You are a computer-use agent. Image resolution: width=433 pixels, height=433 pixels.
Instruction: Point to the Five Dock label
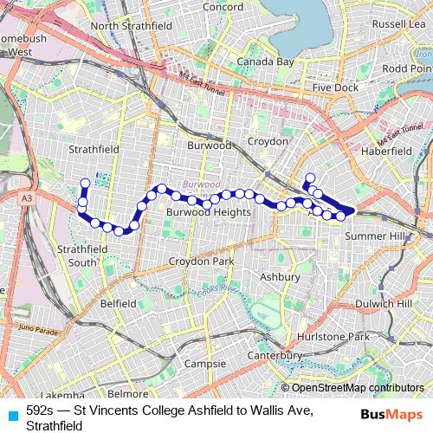(x=335, y=87)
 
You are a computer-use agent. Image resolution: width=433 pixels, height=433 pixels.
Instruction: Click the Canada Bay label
(x=265, y=62)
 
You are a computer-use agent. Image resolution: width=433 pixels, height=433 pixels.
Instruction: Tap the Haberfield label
(x=385, y=151)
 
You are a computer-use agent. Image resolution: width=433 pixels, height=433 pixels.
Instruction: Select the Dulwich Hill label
(x=385, y=304)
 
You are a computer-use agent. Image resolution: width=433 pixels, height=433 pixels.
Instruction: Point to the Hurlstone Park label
(x=344, y=336)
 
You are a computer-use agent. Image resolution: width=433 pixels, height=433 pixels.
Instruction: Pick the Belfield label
(x=119, y=304)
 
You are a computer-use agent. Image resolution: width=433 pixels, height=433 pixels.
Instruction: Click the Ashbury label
(x=280, y=277)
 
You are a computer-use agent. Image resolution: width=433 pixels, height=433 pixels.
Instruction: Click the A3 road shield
(x=28, y=199)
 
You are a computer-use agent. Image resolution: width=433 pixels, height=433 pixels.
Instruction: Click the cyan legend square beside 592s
(x=11, y=414)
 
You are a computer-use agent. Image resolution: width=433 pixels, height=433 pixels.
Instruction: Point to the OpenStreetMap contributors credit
(x=357, y=388)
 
